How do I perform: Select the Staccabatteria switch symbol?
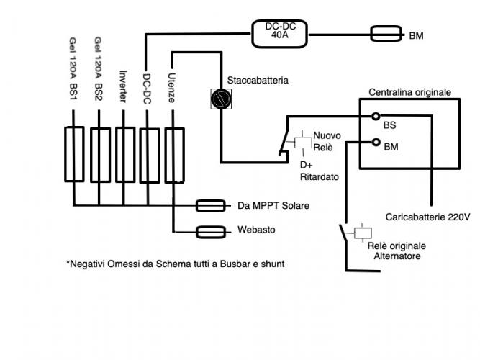coord(219,98)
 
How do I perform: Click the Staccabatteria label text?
coord(258,81)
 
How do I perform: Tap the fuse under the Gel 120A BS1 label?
coord(74,154)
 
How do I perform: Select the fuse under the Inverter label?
coord(124,154)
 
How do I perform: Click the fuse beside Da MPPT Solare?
coord(214,207)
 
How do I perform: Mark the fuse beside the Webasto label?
coord(214,232)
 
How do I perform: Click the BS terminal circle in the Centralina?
coord(375,116)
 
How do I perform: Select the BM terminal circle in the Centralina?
coord(375,141)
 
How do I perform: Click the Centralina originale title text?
coord(409,92)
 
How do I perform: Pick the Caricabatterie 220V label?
coord(427,216)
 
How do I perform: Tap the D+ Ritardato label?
coord(318,170)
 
